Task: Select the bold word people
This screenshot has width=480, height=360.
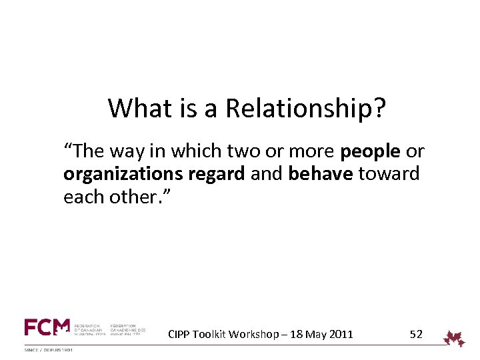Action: tap(370, 152)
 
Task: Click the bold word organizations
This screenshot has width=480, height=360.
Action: tap(124, 175)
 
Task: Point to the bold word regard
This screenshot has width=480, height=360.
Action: tap(217, 175)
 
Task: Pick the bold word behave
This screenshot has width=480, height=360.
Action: tap(321, 175)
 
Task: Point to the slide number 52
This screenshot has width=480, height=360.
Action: tap(416, 334)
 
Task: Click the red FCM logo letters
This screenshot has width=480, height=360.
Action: tap(47, 327)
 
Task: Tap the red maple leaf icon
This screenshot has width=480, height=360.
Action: tap(455, 338)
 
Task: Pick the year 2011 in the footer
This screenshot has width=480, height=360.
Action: tap(341, 334)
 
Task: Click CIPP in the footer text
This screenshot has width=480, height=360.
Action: tap(179, 334)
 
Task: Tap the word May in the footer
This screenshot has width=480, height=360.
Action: tap(315, 334)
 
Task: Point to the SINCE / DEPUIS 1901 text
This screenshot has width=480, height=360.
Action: tap(49, 349)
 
